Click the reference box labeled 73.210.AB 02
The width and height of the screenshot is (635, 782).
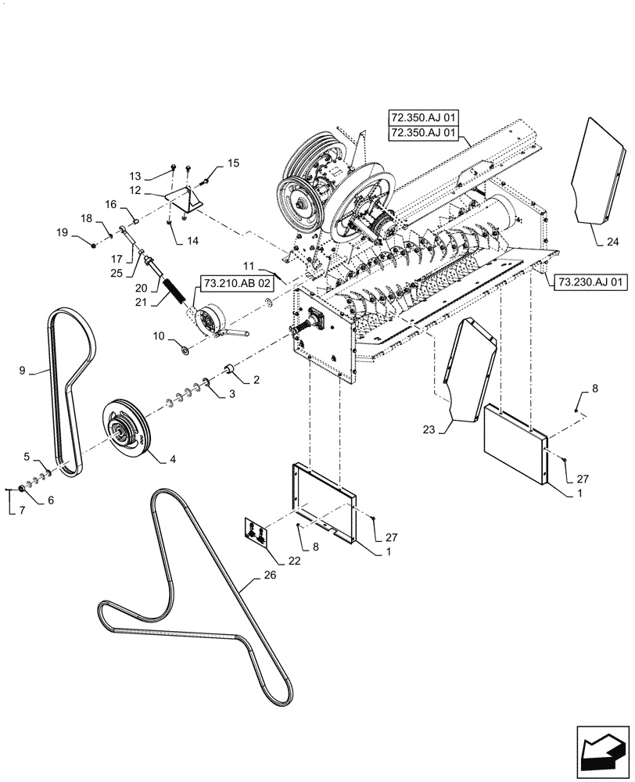coord(238,282)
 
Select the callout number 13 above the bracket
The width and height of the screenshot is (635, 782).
coord(135,175)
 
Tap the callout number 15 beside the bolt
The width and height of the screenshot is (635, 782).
coord(233,163)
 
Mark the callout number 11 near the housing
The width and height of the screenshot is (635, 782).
coord(268,267)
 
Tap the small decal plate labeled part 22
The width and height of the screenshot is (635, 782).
coord(254,533)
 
